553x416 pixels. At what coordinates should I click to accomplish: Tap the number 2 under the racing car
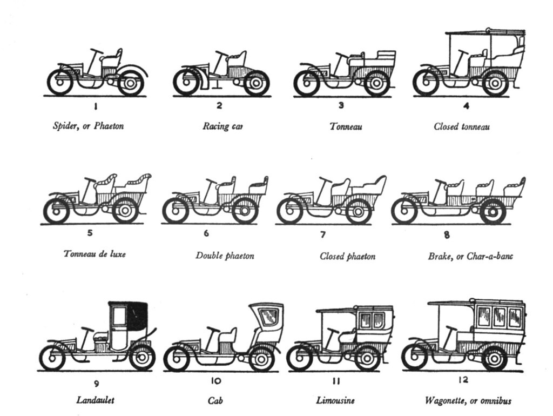point(219,106)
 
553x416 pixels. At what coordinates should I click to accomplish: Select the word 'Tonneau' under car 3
point(346,127)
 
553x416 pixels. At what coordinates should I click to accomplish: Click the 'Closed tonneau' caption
point(462,127)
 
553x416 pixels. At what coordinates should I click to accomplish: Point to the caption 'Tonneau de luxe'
point(95,253)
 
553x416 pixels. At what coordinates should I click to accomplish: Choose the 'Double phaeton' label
point(225,255)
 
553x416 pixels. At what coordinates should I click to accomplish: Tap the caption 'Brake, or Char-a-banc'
point(470,256)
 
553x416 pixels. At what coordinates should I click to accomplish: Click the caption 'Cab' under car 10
point(215,401)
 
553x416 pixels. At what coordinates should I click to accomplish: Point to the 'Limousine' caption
point(335,401)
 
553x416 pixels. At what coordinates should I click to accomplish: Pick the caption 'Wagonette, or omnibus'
point(468,401)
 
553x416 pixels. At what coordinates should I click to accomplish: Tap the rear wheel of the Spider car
point(131,83)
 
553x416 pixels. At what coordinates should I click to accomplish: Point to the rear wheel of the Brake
point(493,211)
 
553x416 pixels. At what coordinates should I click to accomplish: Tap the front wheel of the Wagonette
point(415,357)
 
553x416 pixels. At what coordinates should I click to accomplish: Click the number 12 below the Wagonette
point(463,380)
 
